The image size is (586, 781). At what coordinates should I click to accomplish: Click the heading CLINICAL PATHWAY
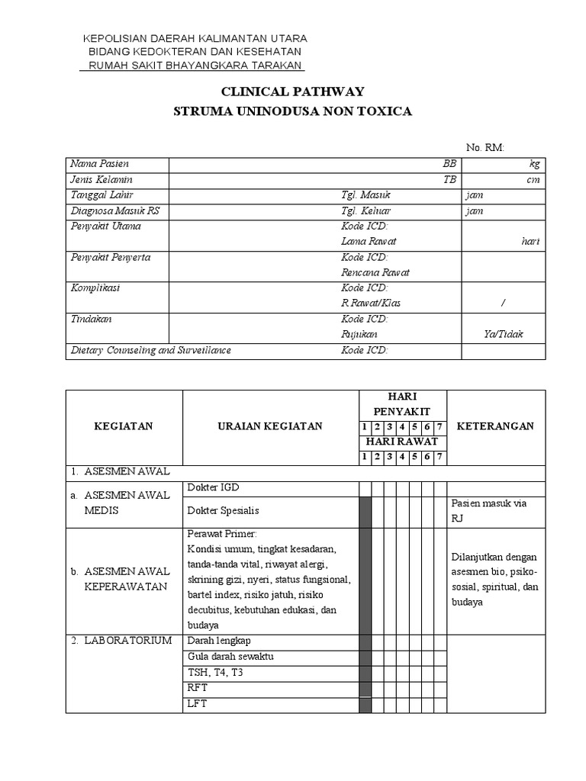coord(293,92)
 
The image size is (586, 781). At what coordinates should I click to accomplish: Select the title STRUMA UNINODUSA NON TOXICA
coord(293,111)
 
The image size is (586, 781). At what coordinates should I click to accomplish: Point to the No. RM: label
coord(485,148)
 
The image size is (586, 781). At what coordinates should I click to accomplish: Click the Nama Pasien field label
coord(99,164)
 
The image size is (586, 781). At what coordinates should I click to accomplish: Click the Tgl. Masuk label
coord(365,195)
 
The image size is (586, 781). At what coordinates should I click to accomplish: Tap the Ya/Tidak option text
coord(504,335)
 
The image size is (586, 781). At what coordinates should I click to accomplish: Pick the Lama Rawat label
coord(369,242)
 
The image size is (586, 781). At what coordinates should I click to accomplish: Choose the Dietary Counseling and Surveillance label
coord(150,351)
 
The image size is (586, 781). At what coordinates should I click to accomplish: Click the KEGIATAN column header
coord(124,426)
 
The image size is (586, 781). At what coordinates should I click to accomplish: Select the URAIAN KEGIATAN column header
coord(270,426)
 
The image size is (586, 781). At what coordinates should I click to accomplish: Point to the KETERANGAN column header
coord(495,426)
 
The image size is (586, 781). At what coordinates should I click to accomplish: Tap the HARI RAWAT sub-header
coord(402,442)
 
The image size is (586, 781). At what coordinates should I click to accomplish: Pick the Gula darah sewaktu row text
coord(230,657)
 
